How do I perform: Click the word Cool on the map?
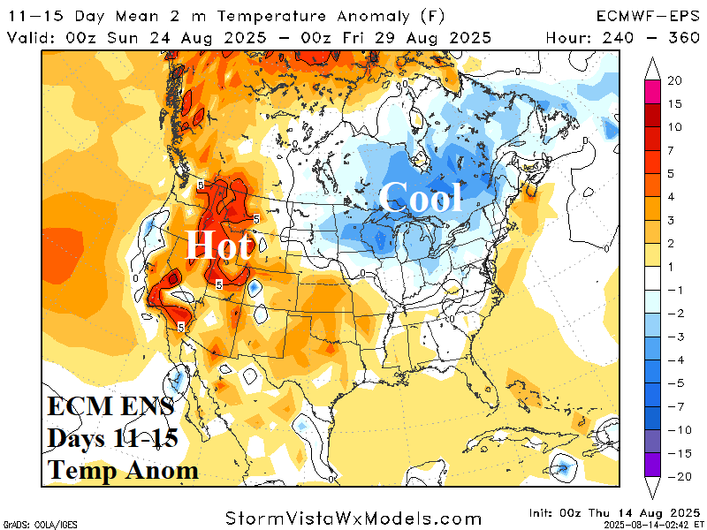(422, 198)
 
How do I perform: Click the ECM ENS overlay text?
(110, 409)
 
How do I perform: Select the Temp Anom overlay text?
(122, 471)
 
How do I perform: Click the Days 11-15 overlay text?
(112, 440)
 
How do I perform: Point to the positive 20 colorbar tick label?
(675, 81)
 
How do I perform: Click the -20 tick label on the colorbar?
(679, 476)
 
